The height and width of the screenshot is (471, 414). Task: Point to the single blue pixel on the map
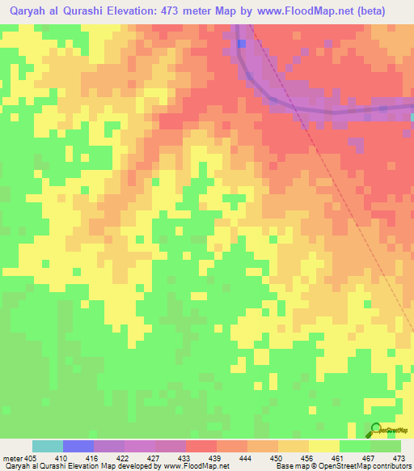coord(242,43)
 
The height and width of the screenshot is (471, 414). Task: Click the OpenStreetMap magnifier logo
coord(375,430)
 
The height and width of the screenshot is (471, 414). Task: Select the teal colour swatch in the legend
coord(48,446)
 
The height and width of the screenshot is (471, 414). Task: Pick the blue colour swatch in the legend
coord(78,446)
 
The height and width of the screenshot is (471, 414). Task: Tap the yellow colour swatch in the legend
coord(324,446)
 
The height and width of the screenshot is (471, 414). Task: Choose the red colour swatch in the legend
coord(201,446)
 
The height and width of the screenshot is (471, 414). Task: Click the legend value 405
coord(31,457)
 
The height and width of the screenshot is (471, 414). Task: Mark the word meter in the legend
coord(11,457)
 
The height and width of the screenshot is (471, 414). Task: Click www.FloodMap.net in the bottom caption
coord(201,466)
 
